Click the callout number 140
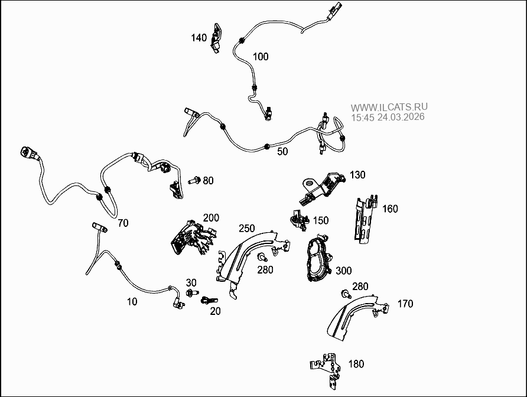(x=199, y=38)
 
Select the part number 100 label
(x=261, y=57)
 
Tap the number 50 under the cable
(x=282, y=151)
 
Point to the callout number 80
(x=208, y=180)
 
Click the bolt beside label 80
(x=194, y=180)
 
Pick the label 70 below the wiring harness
(x=123, y=223)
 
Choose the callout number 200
(x=211, y=218)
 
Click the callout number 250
(x=246, y=228)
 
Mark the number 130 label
(x=357, y=175)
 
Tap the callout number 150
(x=321, y=220)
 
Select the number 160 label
(x=390, y=209)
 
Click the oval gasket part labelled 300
(x=318, y=261)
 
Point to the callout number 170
(x=405, y=304)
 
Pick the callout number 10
(x=132, y=301)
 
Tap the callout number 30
(x=191, y=282)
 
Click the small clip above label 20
(x=207, y=301)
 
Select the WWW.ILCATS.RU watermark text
(x=389, y=108)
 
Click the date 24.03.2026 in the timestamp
(x=401, y=117)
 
